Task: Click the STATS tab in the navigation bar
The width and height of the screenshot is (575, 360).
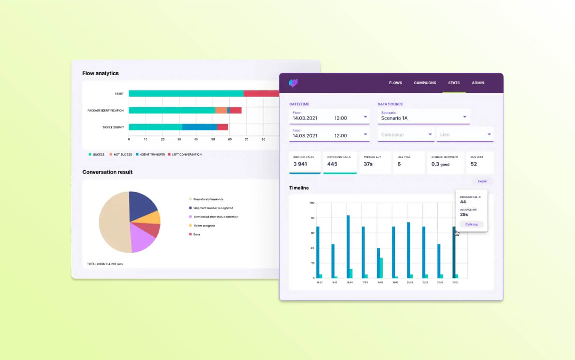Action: pyautogui.click(x=454, y=83)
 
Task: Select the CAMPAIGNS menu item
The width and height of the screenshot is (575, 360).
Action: pyautogui.click(x=425, y=83)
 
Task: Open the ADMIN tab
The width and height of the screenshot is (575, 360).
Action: pyautogui.click(x=478, y=83)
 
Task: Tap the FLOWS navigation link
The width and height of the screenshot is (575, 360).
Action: pyautogui.click(x=395, y=83)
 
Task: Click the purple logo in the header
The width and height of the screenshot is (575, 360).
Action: pyautogui.click(x=293, y=83)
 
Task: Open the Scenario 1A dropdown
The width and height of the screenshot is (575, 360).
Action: pyautogui.click(x=423, y=116)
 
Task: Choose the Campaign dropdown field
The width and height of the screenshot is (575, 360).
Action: pyautogui.click(x=406, y=135)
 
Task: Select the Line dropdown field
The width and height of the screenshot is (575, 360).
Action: pyautogui.click(x=465, y=135)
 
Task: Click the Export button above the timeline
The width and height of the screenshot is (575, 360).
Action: pyautogui.click(x=482, y=181)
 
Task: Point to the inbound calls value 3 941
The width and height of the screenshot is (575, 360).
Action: pyautogui.click(x=300, y=164)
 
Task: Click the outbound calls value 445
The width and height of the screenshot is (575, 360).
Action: pyautogui.click(x=332, y=164)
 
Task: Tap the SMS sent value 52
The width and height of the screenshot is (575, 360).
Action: pyautogui.click(x=473, y=164)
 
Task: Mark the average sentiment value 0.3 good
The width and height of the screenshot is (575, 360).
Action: pyautogui.click(x=440, y=164)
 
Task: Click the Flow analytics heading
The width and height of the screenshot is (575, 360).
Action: pyautogui.click(x=100, y=73)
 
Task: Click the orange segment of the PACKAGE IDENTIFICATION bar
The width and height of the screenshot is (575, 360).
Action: pyautogui.click(x=221, y=111)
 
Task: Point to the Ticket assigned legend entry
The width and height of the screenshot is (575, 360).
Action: pyautogui.click(x=204, y=226)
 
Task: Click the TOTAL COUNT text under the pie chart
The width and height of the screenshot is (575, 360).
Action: pyautogui.click(x=105, y=264)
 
